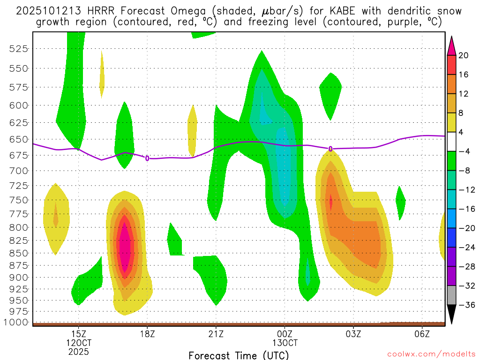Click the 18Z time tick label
pyautogui.click(x=147, y=334)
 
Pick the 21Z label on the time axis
pyautogui.click(x=216, y=334)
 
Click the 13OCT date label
pyautogui.click(x=285, y=343)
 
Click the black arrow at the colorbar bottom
pyautogui.click(x=451, y=315)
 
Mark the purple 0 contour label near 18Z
pyautogui.click(x=147, y=158)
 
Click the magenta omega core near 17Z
pyautogui.click(x=125, y=248)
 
